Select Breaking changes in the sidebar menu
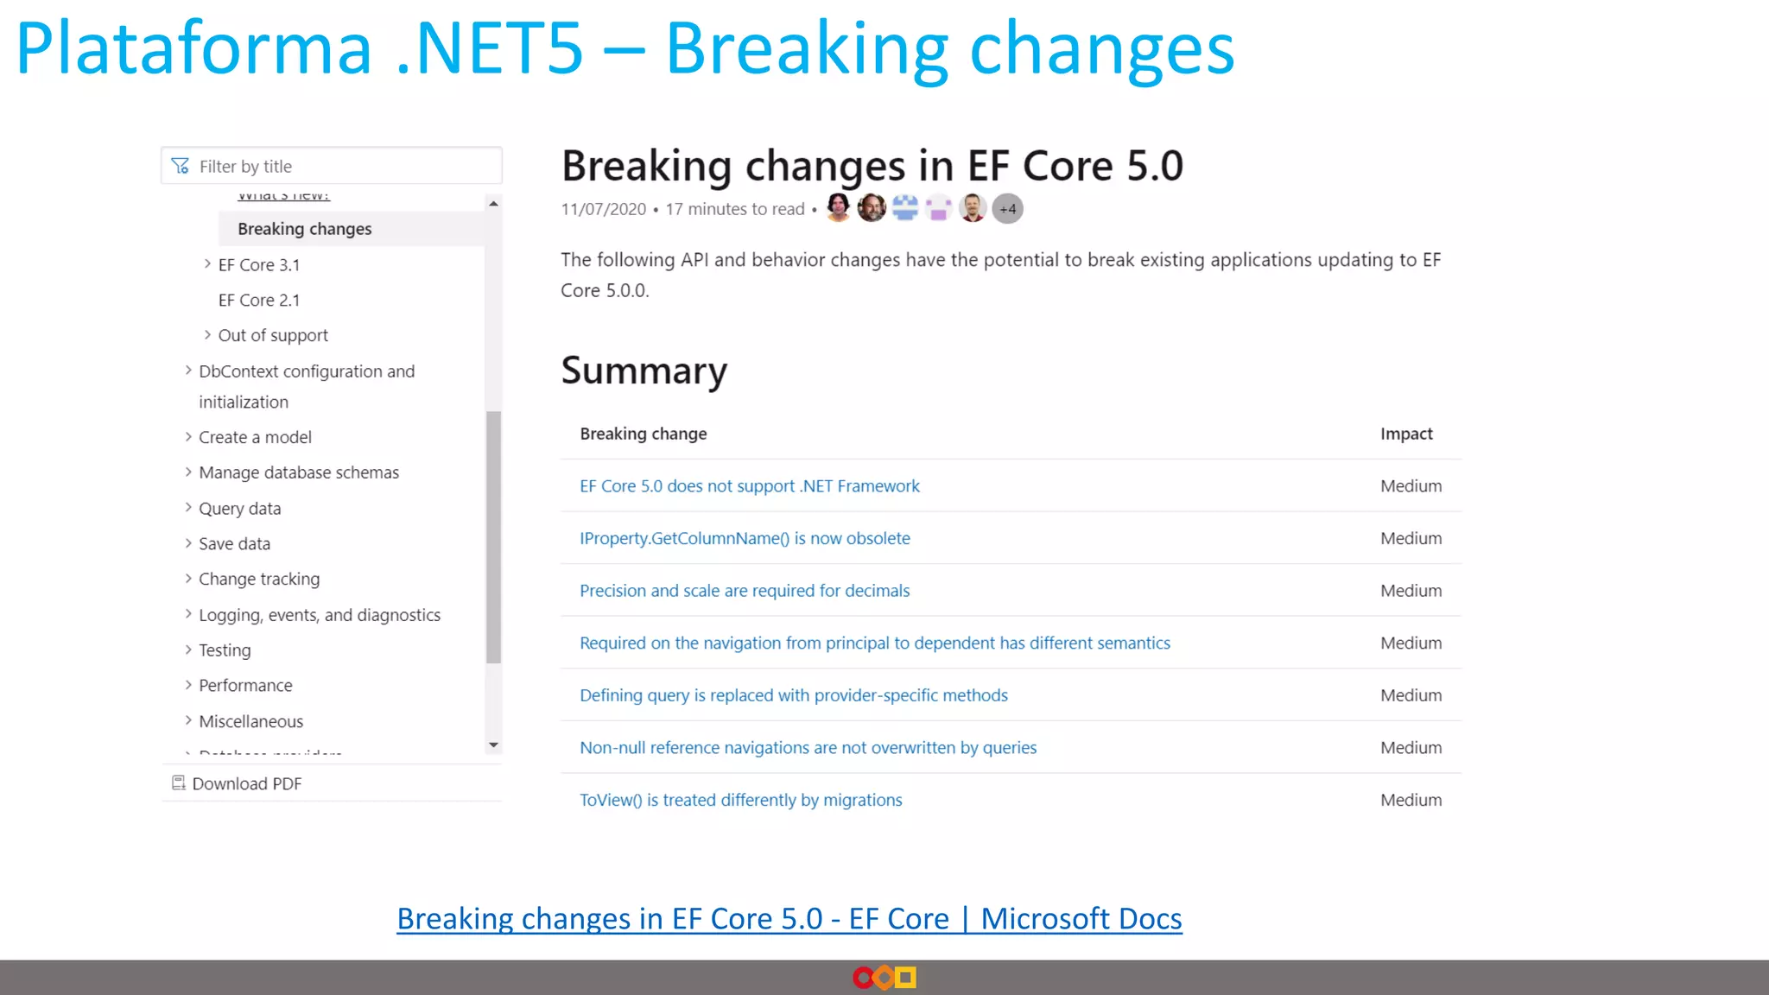coord(304,229)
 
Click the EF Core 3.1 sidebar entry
coord(258,265)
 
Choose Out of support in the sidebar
coord(272,335)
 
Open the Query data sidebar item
coord(239,509)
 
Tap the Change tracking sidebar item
coord(258,579)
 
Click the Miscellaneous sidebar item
coord(250,721)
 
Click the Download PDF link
coord(246,783)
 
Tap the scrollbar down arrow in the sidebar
coord(493,745)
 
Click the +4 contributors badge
coord(1007,209)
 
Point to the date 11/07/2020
coord(603,209)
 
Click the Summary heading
coord(644,371)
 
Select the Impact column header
coord(1405,434)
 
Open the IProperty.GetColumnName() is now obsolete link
coord(745,538)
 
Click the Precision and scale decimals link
coord(745,591)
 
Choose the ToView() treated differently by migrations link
coord(740,800)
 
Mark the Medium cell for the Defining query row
coord(1411,695)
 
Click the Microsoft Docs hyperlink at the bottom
coord(789,919)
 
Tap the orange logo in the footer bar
coord(884,978)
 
